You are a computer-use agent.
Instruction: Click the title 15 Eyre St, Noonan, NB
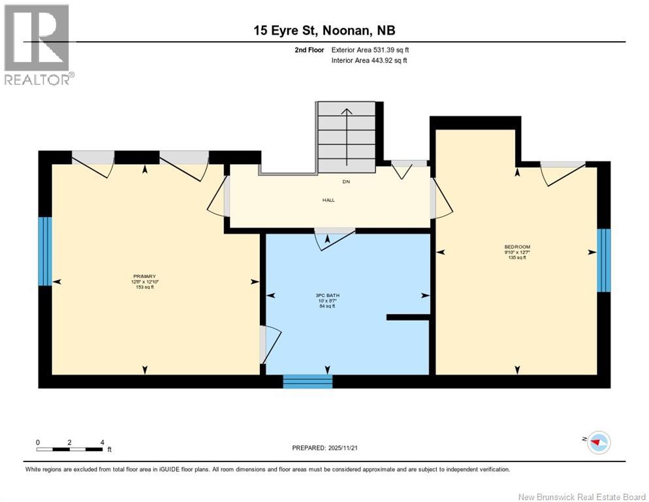pos(324,31)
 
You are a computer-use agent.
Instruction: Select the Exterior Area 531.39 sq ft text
pos(370,50)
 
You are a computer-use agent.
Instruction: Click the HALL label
pos(328,200)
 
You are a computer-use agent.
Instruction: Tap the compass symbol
pos(597,443)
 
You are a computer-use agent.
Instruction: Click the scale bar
pos(70,449)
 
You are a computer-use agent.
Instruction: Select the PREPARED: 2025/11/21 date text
pos(324,448)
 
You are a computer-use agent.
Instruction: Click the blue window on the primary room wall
pos(44,251)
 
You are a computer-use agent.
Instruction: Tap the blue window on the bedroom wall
pos(604,260)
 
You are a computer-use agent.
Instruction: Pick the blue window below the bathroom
pos(308,382)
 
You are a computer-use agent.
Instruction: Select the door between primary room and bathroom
pos(268,344)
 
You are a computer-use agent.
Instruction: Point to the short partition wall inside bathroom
pos(407,317)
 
